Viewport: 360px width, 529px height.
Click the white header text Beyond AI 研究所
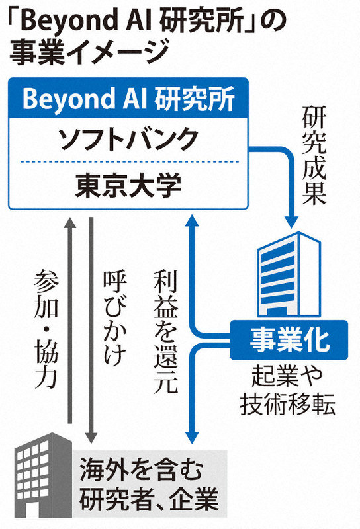coord(128,99)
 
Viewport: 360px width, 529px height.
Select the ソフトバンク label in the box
coord(128,139)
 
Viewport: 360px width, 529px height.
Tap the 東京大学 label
coord(128,186)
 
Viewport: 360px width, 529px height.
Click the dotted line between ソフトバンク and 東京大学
coord(128,162)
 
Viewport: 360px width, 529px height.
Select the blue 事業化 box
coord(289,340)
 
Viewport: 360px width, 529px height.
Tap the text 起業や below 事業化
coord(287,376)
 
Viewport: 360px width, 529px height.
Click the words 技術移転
coord(287,404)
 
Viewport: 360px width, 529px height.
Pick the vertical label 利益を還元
coord(165,332)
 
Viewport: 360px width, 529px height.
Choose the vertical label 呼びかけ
coord(115,318)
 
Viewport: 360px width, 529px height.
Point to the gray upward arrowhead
coord(70,224)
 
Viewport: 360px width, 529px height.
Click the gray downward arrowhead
coord(91,437)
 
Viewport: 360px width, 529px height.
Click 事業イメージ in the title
coord(89,54)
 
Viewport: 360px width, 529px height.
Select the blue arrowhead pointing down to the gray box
coord(192,438)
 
